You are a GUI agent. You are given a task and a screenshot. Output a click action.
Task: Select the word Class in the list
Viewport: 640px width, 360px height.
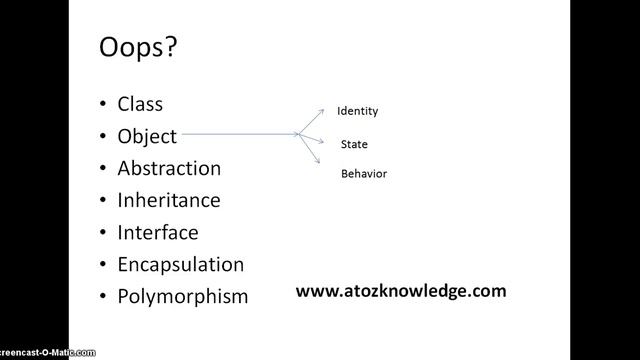(x=140, y=103)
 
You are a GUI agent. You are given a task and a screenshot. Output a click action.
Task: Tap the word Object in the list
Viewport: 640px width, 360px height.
(x=147, y=135)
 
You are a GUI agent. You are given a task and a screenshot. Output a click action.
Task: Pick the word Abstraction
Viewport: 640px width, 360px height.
(x=169, y=167)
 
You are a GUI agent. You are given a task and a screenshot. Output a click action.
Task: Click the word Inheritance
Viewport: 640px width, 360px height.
(x=169, y=199)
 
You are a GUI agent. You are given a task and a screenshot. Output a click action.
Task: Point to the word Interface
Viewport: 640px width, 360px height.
(x=158, y=232)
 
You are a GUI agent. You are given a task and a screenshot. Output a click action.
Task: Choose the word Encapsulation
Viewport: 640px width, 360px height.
(x=181, y=264)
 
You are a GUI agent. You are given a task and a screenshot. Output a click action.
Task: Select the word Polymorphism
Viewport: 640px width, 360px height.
(x=183, y=297)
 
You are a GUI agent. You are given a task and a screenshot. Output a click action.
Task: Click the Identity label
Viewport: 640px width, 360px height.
(x=357, y=111)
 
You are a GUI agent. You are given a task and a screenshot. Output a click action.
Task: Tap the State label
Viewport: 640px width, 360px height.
(x=354, y=144)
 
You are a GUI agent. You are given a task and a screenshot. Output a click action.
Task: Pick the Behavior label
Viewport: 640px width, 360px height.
(x=364, y=174)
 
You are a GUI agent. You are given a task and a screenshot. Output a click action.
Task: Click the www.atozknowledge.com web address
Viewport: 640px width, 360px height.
(x=401, y=291)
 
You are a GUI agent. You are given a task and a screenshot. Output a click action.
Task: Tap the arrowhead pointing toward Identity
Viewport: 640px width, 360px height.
(x=320, y=107)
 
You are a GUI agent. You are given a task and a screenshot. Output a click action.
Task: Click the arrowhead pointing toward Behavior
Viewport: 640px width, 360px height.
(x=319, y=161)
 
